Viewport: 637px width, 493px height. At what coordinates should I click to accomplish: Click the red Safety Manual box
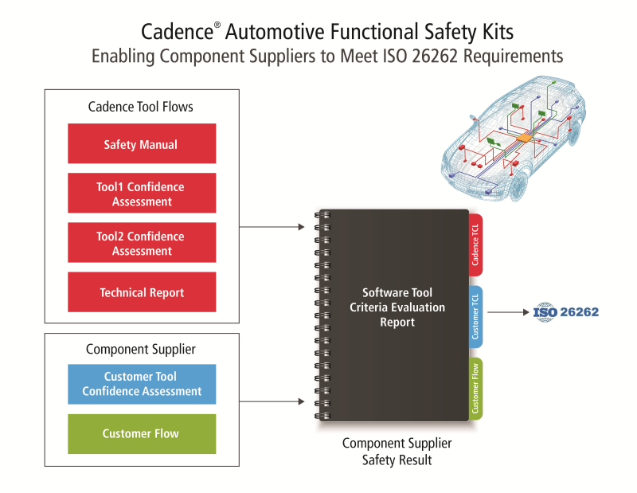click(141, 144)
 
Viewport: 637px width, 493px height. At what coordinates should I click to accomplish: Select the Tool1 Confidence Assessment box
click(141, 194)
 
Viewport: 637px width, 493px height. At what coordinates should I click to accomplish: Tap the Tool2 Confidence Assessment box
click(141, 243)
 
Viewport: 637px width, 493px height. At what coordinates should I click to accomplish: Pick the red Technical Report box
click(141, 292)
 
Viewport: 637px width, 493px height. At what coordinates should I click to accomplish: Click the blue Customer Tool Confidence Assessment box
click(141, 384)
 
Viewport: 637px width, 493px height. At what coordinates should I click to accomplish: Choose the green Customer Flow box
click(141, 433)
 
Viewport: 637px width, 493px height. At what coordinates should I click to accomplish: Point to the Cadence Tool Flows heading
click(140, 107)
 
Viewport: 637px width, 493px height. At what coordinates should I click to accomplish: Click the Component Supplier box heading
click(140, 349)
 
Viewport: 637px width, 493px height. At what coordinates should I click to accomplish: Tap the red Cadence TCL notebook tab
click(475, 245)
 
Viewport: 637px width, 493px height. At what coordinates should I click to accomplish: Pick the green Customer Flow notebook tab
click(475, 389)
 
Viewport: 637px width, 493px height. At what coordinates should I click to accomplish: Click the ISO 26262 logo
click(565, 311)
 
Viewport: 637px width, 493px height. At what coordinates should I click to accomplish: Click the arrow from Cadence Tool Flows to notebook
click(272, 227)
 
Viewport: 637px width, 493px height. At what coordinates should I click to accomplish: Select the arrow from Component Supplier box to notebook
click(272, 401)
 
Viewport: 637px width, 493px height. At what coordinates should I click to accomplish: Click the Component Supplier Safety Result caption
click(397, 452)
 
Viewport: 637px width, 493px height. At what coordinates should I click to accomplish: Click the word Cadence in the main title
click(176, 32)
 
